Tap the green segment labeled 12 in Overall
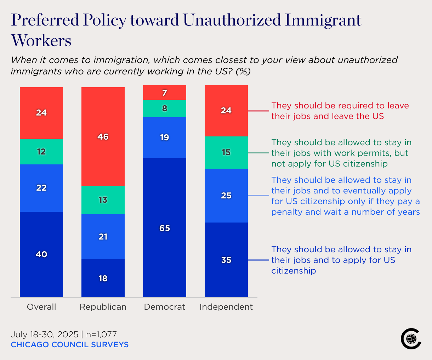41,152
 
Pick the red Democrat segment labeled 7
165,93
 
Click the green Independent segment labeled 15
226,152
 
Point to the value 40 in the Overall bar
41,254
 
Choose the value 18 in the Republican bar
103,279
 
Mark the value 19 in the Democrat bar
165,137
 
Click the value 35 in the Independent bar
226,260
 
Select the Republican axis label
103,307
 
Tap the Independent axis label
226,307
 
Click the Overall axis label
41,307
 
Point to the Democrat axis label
165,307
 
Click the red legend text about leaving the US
340,111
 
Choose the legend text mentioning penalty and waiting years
345,196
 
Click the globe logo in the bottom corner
411,339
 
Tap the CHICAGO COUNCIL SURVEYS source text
69,345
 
